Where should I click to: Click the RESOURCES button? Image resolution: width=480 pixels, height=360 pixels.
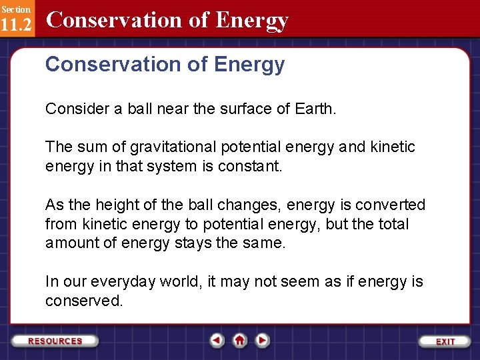click(55, 341)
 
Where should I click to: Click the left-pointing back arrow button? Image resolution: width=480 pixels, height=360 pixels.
click(217, 340)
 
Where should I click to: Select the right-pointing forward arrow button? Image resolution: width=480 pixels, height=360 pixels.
click(263, 340)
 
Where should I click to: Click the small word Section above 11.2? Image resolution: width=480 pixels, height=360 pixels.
click(15, 9)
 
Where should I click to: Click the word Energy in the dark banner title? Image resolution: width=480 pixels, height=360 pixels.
click(252, 20)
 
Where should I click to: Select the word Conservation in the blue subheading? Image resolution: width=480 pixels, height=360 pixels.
click(107, 65)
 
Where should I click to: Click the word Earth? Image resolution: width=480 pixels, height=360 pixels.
click(315, 108)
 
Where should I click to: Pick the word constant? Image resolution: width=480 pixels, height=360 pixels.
click(257, 165)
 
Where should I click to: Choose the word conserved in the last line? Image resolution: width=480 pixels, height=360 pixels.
click(84, 301)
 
